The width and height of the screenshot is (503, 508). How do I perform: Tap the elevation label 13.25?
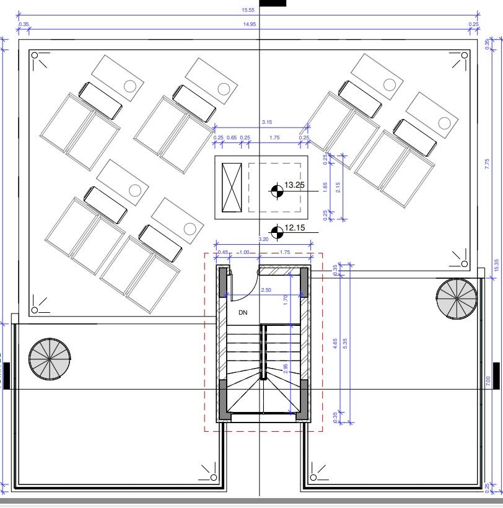click(295, 185)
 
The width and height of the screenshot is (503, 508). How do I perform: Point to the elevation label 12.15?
click(295, 229)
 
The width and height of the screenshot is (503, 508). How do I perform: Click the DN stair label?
click(243, 313)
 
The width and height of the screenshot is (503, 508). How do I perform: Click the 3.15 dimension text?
click(267, 122)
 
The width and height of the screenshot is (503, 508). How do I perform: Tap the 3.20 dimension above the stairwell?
click(263, 239)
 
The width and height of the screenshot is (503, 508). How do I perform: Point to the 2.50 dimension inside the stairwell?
click(266, 290)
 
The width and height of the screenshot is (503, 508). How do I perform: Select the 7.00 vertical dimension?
click(488, 379)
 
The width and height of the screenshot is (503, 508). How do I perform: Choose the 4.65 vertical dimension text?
click(335, 344)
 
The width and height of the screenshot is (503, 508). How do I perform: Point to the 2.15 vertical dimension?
click(337, 187)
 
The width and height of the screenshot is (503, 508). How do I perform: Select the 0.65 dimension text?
click(232, 138)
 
